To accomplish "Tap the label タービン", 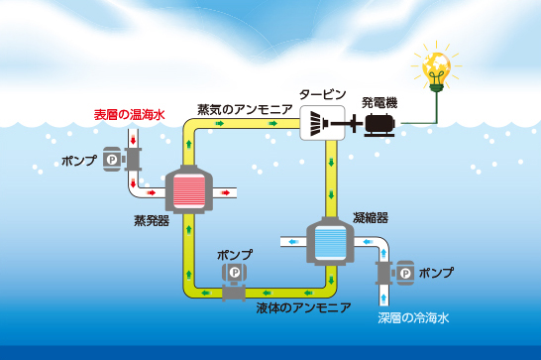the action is point(323,94).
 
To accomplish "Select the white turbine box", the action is point(322,123).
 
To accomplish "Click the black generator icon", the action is point(379,125).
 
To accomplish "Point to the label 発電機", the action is point(379,103).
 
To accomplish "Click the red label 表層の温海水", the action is point(130,115).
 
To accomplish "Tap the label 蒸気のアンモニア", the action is point(245,109).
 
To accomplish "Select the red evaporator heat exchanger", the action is point(188,190).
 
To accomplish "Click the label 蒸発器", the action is point(152,220).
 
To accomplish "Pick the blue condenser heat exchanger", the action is point(330,242).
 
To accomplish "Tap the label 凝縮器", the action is point(371,218).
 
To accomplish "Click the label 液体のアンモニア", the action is point(303,307).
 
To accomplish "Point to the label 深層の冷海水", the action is point(413,317).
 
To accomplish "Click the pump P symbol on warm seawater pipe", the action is point(112,160).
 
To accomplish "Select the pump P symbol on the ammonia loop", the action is point(235,273).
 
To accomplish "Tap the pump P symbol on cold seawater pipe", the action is point(406,274).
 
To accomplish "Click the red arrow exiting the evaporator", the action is point(226,192).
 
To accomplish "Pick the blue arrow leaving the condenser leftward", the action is point(292,242).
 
